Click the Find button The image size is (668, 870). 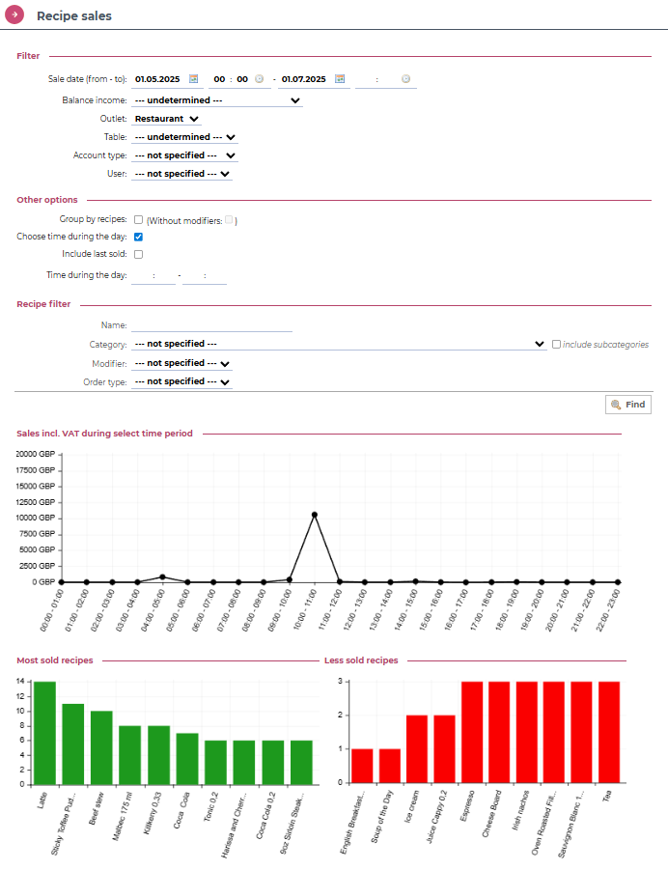(627, 405)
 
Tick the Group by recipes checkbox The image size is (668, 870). (139, 219)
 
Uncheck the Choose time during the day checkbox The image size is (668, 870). (139, 237)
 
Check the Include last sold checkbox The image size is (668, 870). (139, 254)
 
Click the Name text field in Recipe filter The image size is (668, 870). (211, 325)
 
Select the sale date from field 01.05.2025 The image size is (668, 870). (158, 79)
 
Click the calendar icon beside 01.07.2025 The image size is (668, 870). (340, 79)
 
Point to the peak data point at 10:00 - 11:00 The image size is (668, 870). (315, 515)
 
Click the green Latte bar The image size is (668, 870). (44, 734)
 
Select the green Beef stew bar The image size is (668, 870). (101, 748)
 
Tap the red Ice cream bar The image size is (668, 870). (417, 749)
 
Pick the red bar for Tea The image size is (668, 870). (609, 732)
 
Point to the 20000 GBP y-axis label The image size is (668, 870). (37, 454)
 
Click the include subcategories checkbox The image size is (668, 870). (555, 344)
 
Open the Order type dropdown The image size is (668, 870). (182, 381)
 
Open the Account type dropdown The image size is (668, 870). (184, 155)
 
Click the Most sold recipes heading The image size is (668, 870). (55, 660)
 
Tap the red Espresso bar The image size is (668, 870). (472, 732)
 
